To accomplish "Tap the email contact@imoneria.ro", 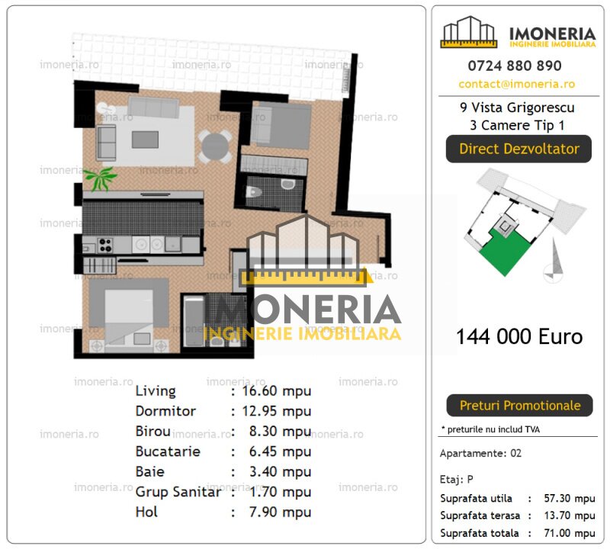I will [517, 84].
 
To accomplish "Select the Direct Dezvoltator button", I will [518, 149].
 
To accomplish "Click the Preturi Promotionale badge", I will [518, 406].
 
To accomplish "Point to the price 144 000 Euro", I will [518, 336].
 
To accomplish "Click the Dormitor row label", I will [165, 411].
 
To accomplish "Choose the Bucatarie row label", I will [168, 451].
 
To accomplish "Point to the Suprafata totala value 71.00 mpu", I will [569, 534].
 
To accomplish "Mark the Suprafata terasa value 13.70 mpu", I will [569, 516].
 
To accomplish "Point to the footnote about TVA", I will [492, 429].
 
